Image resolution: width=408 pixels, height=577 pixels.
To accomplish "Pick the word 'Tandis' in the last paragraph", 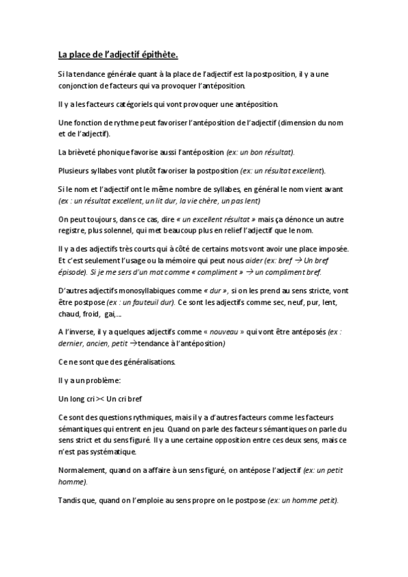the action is pyautogui.click(x=70, y=500).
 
